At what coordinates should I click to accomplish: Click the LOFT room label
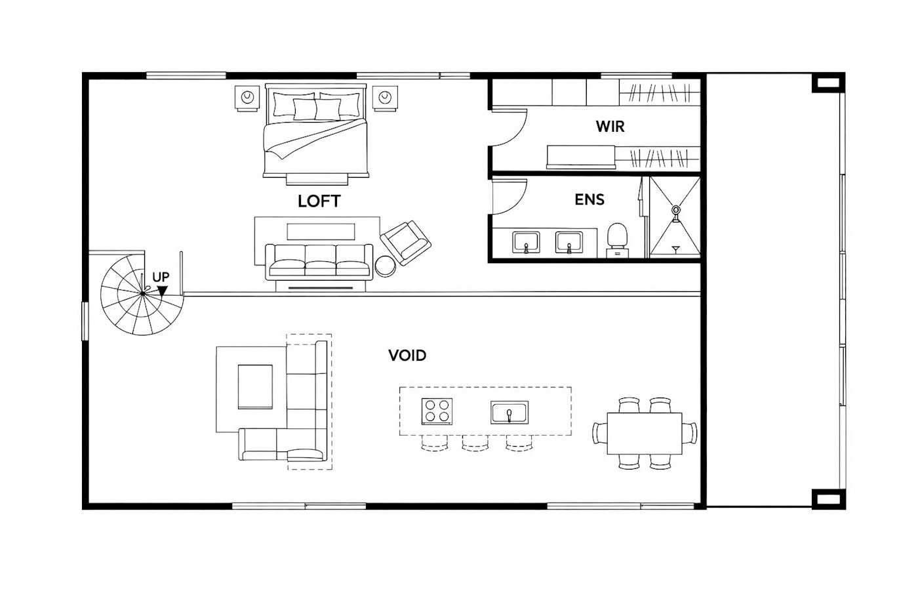319,201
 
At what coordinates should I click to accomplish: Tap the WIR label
610,126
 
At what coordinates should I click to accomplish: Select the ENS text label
589,199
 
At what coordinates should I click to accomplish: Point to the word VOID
407,356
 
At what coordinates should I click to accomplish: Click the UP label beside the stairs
161,277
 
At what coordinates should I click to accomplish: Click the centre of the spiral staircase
143,293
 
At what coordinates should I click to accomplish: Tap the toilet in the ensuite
617,241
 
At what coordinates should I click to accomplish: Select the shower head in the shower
675,211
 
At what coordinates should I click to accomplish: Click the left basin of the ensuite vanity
526,242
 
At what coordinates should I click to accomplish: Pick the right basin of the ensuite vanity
569,242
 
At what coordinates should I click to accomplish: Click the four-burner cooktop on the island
437,411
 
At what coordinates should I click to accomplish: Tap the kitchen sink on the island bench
509,413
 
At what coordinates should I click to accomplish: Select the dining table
645,434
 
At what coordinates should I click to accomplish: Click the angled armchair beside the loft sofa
405,242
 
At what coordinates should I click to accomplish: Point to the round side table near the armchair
386,266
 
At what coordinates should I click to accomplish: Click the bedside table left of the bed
247,98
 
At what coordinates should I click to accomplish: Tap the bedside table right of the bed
385,98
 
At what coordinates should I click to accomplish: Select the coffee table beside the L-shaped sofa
255,386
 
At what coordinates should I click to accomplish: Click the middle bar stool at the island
475,443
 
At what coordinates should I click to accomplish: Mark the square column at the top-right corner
828,83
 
